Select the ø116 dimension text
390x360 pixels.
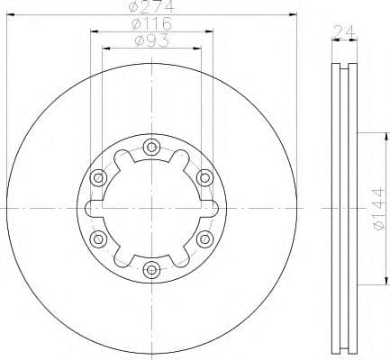(151, 23)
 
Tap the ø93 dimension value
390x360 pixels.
(151, 40)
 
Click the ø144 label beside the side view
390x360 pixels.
(377, 210)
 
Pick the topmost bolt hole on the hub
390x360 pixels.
(151, 148)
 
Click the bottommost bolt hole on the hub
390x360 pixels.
(151, 267)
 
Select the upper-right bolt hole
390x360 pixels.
(204, 177)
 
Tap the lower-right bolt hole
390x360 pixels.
(204, 238)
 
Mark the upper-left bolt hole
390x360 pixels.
(99, 177)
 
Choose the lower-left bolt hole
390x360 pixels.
(99, 238)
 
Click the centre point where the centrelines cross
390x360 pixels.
(151, 208)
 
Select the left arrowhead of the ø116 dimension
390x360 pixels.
(93, 31)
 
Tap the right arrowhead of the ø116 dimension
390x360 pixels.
(211, 31)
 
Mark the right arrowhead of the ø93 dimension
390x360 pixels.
(199, 47)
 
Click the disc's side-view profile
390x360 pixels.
(342, 208)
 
